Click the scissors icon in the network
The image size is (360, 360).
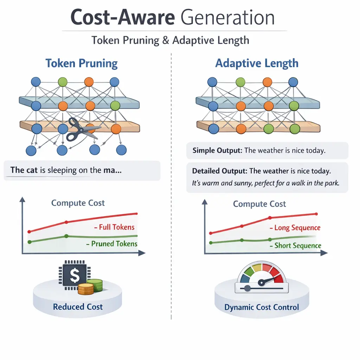click(x=81, y=129)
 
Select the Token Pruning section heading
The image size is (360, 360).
click(x=81, y=64)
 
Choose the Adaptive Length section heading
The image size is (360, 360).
click(x=257, y=64)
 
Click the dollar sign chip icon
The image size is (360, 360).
click(x=74, y=276)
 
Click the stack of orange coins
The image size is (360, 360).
click(x=86, y=289)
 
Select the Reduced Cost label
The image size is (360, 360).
click(x=78, y=307)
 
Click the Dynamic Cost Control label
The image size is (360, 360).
click(x=262, y=307)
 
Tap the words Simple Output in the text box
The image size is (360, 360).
click(x=217, y=150)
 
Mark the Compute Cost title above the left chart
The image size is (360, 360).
click(x=78, y=203)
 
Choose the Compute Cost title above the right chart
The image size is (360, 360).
click(x=259, y=204)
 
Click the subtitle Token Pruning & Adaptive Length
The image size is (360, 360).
click(x=171, y=40)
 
